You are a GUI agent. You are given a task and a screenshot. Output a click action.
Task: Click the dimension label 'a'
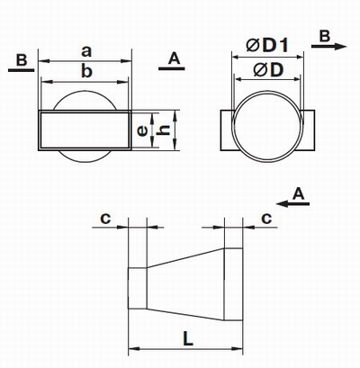(x=86, y=52)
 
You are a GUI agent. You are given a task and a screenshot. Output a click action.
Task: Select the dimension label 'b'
(x=87, y=71)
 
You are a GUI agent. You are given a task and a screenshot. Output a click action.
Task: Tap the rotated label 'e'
(x=142, y=131)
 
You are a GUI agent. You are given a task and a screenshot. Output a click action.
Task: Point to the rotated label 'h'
(x=164, y=130)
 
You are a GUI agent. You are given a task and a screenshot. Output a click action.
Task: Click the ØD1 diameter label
(x=267, y=46)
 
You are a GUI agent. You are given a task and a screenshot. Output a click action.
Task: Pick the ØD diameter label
(x=268, y=70)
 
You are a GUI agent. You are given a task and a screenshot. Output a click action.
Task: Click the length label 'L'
(x=188, y=339)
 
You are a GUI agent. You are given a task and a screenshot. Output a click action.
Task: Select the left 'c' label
(x=105, y=219)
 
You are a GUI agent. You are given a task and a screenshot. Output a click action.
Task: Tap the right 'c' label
(x=266, y=219)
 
